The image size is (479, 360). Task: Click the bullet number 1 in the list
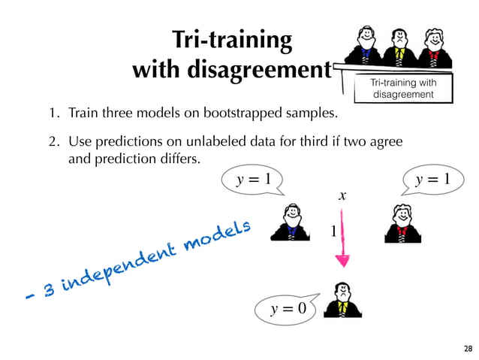point(54,116)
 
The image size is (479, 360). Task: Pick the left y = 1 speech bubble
point(252,179)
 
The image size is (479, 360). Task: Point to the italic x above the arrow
point(342,195)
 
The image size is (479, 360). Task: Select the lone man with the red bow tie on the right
point(401,223)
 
